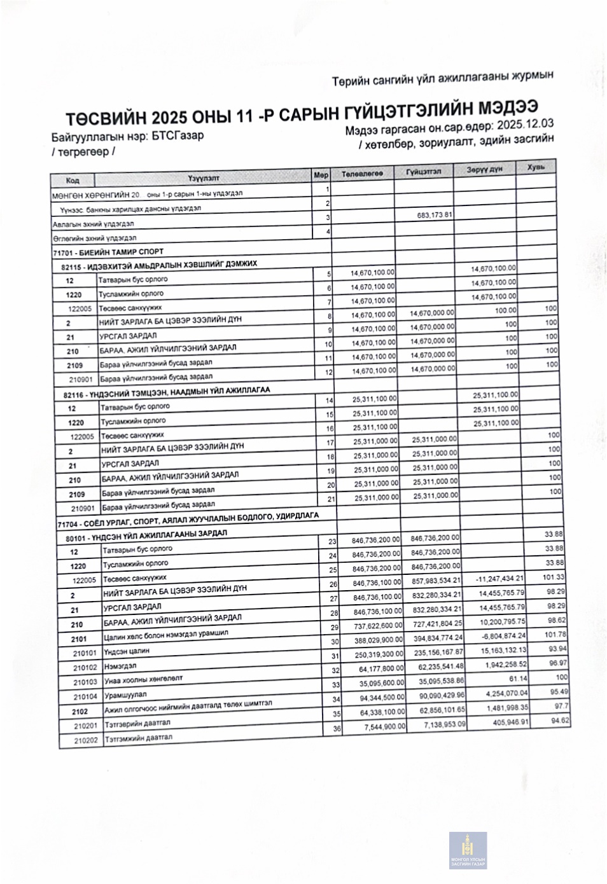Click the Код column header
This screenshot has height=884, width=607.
pos(73,181)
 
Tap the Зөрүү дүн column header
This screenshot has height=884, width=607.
pos(484,169)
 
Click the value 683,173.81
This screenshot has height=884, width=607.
pos(435,215)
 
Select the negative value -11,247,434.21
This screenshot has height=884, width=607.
pos(499,579)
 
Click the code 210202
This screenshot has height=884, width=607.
pos(85,740)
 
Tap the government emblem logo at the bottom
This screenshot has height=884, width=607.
pos(468,851)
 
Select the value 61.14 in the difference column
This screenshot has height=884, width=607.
pos(514,679)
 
